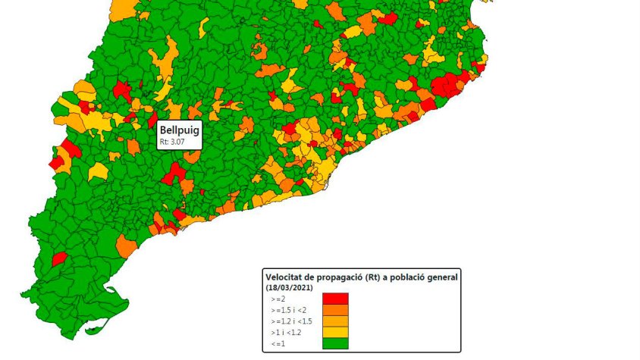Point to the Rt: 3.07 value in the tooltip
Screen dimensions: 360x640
(x=171, y=142)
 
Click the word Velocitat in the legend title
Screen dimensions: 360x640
(x=286, y=277)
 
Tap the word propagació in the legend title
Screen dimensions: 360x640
(x=336, y=277)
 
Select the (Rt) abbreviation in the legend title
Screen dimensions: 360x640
(x=375, y=277)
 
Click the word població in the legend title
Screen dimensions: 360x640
(x=414, y=277)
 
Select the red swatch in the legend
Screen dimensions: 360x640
(x=335, y=299)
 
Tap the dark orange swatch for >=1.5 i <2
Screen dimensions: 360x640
(x=335, y=310)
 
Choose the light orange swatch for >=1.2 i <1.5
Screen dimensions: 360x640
(x=335, y=321)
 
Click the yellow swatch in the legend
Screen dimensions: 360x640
(x=335, y=332)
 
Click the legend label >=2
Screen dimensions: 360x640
(x=278, y=299)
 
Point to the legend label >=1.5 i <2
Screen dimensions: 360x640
(x=288, y=310)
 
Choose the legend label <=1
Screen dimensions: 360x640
(x=278, y=343)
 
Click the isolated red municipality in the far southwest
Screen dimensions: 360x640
(x=59, y=259)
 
